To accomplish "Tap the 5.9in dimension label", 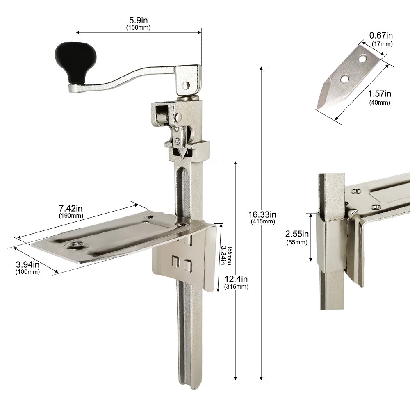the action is [x=138, y=20].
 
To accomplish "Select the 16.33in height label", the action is [x=262, y=215].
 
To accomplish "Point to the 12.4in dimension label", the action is [x=236, y=279].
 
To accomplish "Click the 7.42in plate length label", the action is [x=71, y=208].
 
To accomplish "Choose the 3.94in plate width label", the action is [x=28, y=264].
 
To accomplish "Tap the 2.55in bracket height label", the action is [x=297, y=234].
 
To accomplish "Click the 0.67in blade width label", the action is [x=381, y=35].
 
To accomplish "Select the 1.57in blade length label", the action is [x=380, y=93].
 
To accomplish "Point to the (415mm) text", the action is [x=263, y=221].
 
